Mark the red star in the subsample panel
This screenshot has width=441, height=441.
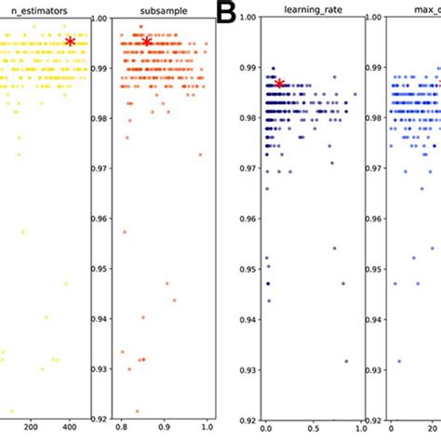(147, 42)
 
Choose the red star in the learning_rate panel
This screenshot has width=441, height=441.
(279, 84)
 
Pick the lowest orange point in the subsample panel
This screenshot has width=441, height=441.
(137, 410)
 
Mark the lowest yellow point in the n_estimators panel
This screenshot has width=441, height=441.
(11, 410)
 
